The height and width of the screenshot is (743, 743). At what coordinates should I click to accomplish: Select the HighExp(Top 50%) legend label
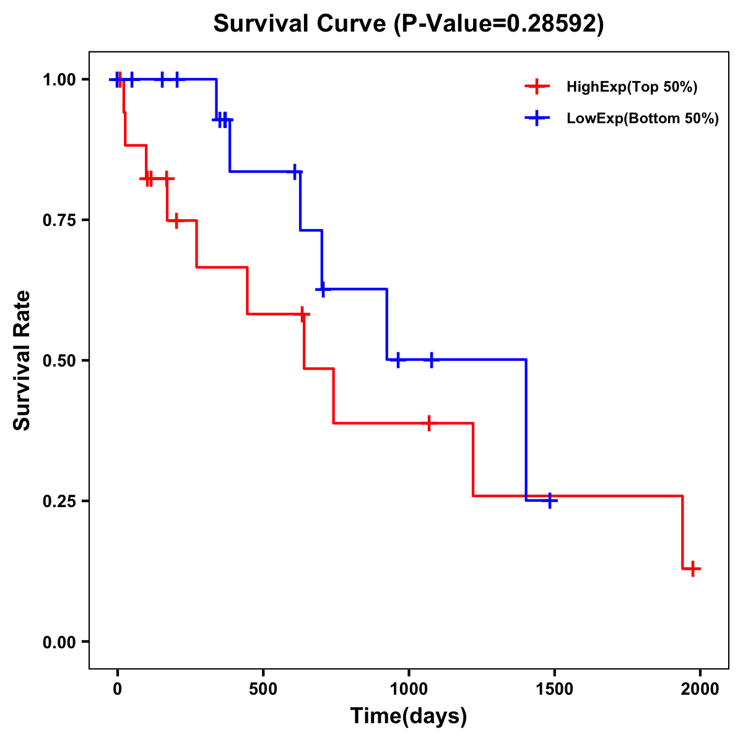[x=632, y=87]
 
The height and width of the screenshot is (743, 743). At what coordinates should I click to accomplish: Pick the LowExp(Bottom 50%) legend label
[x=643, y=119]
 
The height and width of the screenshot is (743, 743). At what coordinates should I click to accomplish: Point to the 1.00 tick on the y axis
[x=59, y=80]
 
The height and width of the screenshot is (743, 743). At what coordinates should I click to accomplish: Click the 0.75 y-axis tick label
[x=59, y=220]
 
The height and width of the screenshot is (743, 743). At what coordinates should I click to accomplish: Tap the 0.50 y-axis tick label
[x=59, y=361]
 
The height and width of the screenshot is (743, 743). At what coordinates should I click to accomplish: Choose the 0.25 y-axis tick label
[x=59, y=502]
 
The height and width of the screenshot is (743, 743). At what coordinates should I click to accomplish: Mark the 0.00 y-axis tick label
[x=59, y=642]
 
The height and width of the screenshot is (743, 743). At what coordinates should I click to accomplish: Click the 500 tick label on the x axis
[x=263, y=689]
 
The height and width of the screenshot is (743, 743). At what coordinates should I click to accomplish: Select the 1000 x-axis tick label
[x=409, y=689]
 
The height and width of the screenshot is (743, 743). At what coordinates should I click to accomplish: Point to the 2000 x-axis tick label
[x=700, y=689]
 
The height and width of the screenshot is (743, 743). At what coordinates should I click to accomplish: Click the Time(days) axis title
[x=409, y=716]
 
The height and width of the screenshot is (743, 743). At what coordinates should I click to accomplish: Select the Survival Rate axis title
[x=22, y=360]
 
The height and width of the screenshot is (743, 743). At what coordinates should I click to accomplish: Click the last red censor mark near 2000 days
[x=693, y=568]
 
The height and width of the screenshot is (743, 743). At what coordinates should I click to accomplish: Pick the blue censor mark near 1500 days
[x=549, y=500]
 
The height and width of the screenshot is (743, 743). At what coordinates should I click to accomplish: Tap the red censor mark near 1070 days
[x=428, y=424]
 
